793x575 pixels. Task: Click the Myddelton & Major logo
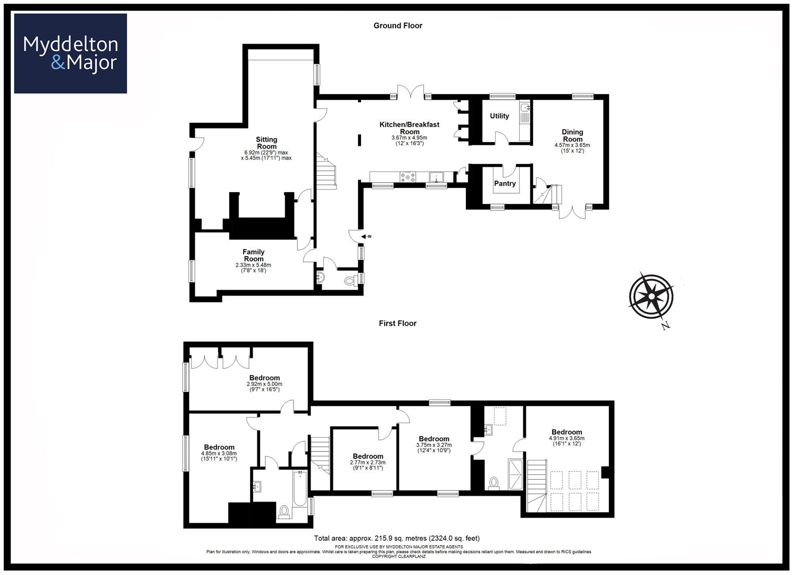coord(70,53)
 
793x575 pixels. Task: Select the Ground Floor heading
coord(397,26)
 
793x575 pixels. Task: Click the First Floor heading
coord(397,323)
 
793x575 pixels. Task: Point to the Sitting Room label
coord(266,143)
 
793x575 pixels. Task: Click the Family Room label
coord(253,256)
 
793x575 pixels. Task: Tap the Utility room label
coord(499,116)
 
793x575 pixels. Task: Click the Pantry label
coord(505,184)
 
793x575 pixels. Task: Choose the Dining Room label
coord(572,135)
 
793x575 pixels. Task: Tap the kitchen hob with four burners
coord(408,177)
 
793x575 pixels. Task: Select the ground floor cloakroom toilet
coord(349,281)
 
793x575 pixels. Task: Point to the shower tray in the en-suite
coord(515,474)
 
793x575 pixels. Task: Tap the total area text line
coord(397,538)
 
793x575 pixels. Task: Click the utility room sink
coord(525,109)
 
